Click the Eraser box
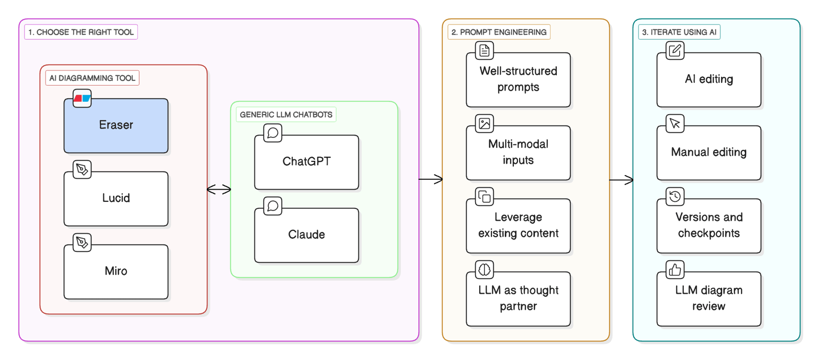point(116,125)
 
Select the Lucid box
point(116,199)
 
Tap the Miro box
point(116,272)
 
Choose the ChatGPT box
point(307,162)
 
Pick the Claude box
point(307,235)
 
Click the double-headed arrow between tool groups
point(219,189)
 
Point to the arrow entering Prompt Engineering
point(430,179)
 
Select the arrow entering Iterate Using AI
point(621,180)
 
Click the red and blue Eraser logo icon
point(82,98)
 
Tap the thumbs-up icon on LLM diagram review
point(675,270)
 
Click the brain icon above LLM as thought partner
point(484,270)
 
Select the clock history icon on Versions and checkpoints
point(675,197)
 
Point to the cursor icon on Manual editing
point(675,123)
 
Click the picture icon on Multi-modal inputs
point(484,123)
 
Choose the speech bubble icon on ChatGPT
point(273,133)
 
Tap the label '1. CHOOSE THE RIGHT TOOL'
point(81,32)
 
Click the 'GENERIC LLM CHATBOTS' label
point(286,115)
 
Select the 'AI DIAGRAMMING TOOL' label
point(92,78)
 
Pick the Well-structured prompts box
point(518,80)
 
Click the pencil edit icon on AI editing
point(675,51)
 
